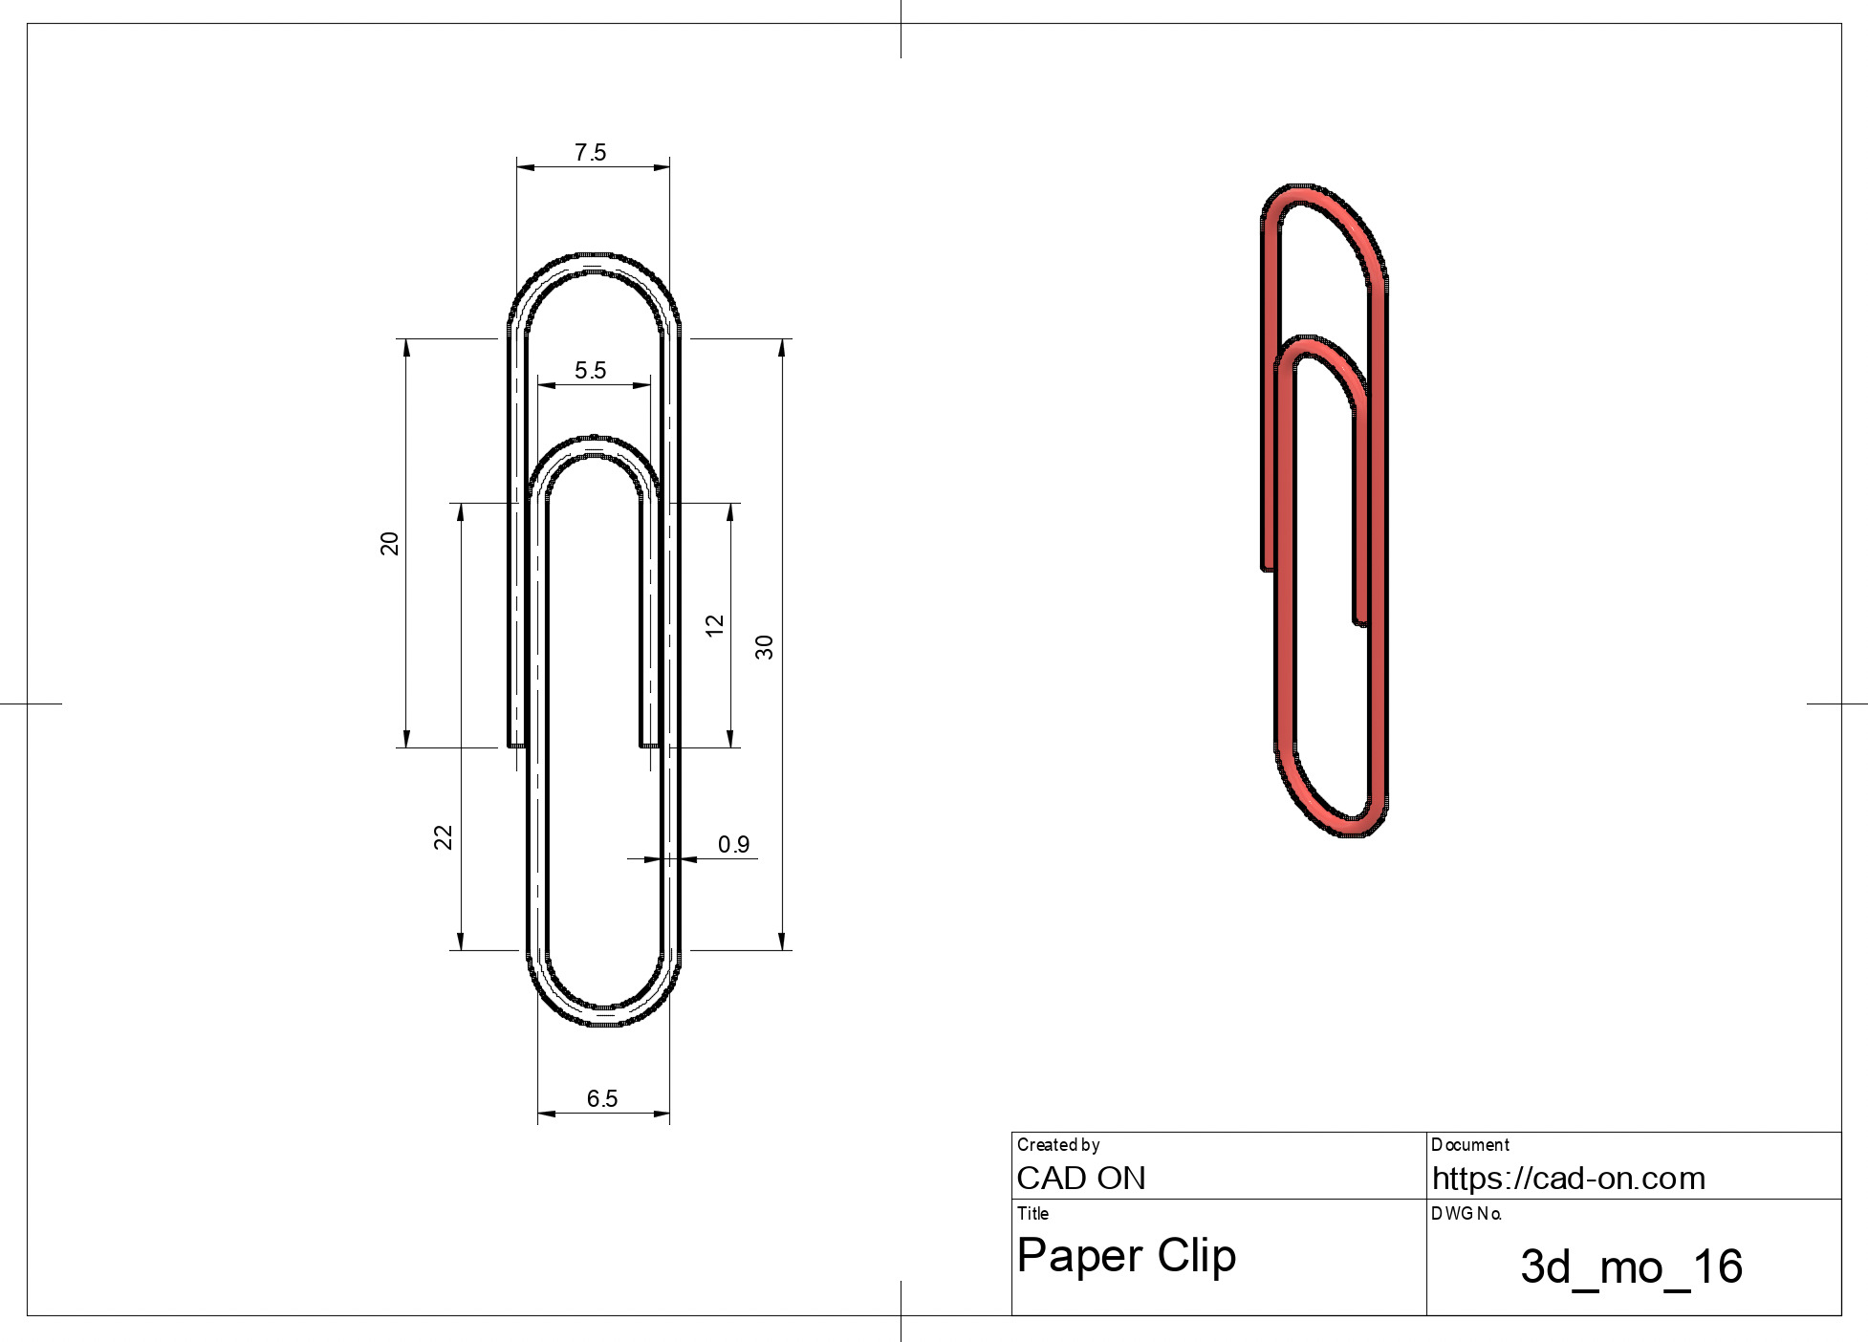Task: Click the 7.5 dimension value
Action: (590, 153)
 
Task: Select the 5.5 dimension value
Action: (590, 371)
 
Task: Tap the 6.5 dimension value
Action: (602, 1099)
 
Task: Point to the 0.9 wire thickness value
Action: (733, 845)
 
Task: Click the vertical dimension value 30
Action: (765, 647)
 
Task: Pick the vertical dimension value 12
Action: (714, 626)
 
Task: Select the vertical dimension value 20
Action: (389, 544)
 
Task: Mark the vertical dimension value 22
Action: (443, 837)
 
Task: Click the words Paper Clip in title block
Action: (1126, 1255)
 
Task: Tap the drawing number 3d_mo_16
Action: (1631, 1266)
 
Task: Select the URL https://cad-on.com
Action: (1568, 1179)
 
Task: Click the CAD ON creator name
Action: (1080, 1179)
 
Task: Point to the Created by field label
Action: (1057, 1145)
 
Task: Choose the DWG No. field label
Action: (1466, 1214)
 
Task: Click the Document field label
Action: (1469, 1145)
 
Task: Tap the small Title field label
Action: (1032, 1214)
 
